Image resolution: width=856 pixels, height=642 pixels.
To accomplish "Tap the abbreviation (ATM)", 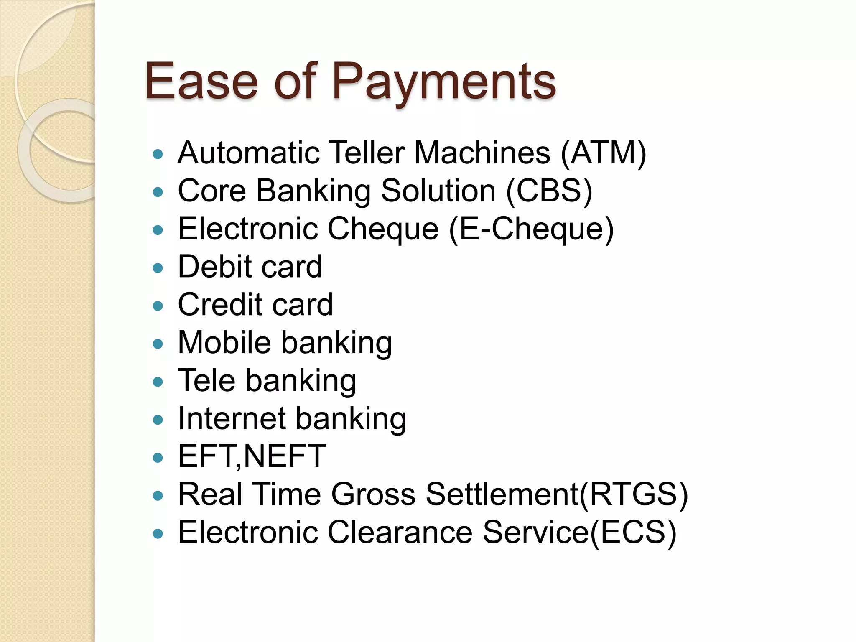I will coord(604,153).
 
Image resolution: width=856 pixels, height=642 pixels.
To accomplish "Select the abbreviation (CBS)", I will coord(549,191).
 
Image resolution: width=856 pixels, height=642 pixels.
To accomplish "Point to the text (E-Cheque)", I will coord(531,229).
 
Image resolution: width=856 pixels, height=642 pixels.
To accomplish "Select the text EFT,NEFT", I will coord(252,456).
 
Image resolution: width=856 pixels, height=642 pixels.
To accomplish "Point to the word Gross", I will coord(373,494).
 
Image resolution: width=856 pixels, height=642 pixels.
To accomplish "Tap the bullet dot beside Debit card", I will coord(158,268).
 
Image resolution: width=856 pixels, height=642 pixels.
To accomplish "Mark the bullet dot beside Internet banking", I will coord(158,420).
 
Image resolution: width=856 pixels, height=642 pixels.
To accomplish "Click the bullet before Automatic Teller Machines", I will coord(158,154).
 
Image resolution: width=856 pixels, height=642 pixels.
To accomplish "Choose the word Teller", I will coord(367,153).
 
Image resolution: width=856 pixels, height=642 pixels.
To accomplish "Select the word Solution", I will coord(438,191).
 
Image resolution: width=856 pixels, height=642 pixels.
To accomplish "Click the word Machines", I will coord(482,153).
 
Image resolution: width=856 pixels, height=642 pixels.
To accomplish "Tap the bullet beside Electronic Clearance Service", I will coord(158,534).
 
